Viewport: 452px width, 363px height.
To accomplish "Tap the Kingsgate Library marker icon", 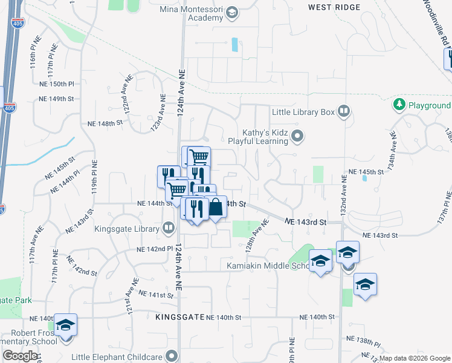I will coord(168,228).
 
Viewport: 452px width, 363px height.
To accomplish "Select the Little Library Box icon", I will coord(343,111).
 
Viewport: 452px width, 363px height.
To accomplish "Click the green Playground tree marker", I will coord(399,105).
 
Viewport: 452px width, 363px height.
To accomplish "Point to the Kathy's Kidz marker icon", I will coord(297,136).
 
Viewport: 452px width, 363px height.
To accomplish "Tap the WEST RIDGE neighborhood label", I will coord(334,7).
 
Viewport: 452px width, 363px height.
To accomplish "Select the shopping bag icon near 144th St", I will coord(216,208).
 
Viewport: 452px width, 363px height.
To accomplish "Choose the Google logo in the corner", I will coord(20,356).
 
